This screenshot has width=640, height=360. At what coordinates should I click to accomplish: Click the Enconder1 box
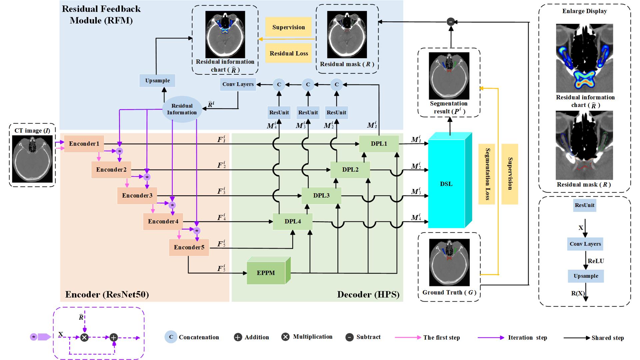click(84, 144)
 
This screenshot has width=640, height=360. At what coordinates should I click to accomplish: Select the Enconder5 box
click(189, 247)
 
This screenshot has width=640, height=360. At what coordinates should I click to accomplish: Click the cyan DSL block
click(447, 184)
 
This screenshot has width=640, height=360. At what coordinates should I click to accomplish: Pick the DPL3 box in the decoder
click(321, 195)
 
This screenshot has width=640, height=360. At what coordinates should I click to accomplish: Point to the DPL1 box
click(379, 144)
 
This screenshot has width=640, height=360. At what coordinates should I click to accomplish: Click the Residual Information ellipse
click(182, 109)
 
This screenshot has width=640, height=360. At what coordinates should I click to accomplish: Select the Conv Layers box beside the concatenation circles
click(238, 84)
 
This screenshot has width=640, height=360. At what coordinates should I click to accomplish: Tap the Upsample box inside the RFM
click(157, 81)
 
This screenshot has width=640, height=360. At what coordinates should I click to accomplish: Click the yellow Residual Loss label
click(289, 53)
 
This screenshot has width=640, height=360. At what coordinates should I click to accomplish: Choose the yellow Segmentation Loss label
click(487, 174)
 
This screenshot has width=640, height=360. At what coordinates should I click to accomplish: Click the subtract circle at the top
click(451, 22)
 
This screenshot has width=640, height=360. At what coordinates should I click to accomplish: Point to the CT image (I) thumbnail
click(32, 159)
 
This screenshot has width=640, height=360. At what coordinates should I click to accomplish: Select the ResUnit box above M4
click(279, 113)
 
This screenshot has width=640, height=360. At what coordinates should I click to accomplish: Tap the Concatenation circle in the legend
click(171, 337)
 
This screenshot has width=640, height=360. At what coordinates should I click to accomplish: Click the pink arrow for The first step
click(408, 337)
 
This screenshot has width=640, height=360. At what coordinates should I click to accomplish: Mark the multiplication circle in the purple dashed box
click(84, 338)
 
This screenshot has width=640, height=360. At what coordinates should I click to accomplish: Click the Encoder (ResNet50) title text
click(107, 294)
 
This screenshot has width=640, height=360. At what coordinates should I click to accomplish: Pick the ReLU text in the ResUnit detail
click(596, 261)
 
